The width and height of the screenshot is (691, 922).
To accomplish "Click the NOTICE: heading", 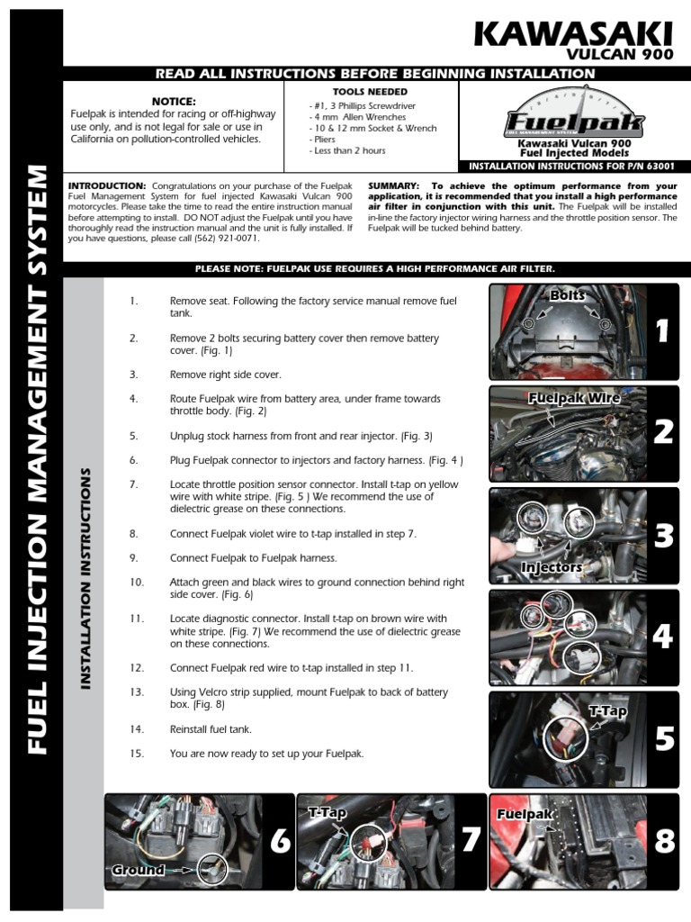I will click(x=174, y=102).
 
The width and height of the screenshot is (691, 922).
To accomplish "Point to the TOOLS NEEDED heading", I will click(x=370, y=92).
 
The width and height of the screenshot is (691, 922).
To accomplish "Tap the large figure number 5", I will click(x=663, y=739).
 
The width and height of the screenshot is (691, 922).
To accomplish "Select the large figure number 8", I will click(x=664, y=841).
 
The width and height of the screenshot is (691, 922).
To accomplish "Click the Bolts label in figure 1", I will click(x=567, y=295).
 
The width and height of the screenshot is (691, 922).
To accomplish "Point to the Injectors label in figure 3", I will click(x=552, y=567).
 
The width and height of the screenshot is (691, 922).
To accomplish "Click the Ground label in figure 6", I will click(x=139, y=870).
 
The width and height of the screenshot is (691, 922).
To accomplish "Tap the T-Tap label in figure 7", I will click(x=328, y=812).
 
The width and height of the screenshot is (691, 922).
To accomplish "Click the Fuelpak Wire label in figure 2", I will click(x=574, y=396).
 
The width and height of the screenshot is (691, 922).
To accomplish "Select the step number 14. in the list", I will click(x=137, y=729).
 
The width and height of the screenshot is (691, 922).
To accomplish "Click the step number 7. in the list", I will click(x=133, y=484).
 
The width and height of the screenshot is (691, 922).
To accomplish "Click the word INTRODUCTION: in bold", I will click(x=107, y=185).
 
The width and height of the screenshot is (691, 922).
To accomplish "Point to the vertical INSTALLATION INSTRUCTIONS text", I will click(x=87, y=578).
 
